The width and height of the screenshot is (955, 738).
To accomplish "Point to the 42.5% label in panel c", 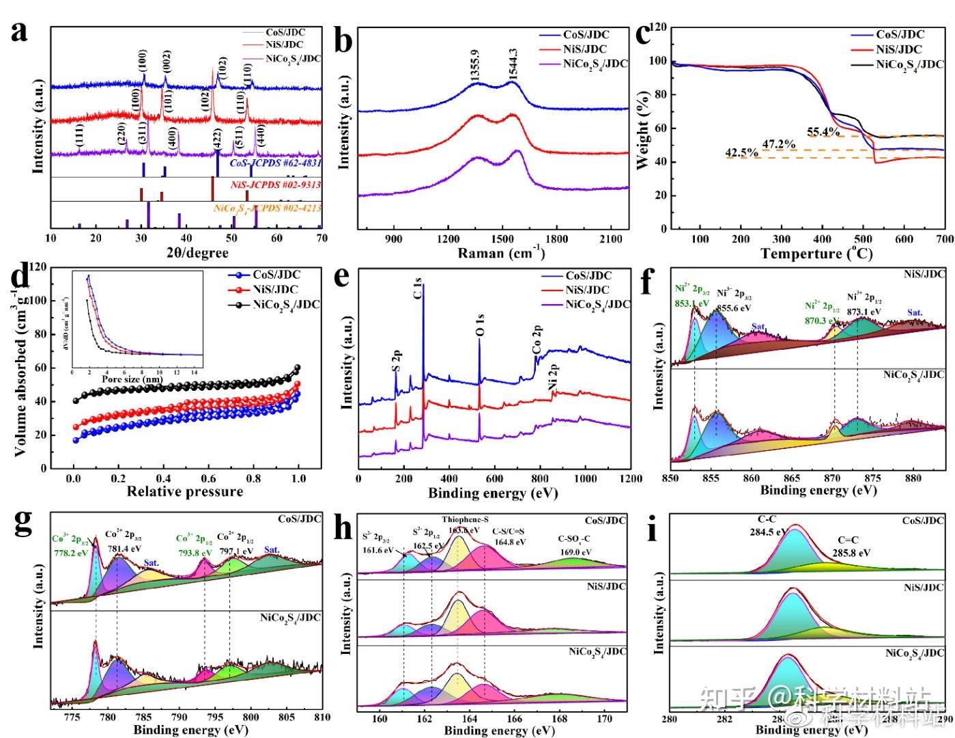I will click(x=741, y=153).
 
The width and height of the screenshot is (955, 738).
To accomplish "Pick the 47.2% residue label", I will click(x=779, y=144).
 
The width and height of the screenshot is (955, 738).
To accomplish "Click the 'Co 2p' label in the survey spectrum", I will click(x=537, y=340).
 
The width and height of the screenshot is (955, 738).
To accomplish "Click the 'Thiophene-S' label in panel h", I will click(x=464, y=520).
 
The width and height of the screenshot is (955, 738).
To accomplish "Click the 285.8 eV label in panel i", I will click(x=851, y=552).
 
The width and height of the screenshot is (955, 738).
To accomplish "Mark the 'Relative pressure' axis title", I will click(x=185, y=491).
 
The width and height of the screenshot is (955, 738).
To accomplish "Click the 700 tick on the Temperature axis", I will click(x=945, y=239).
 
